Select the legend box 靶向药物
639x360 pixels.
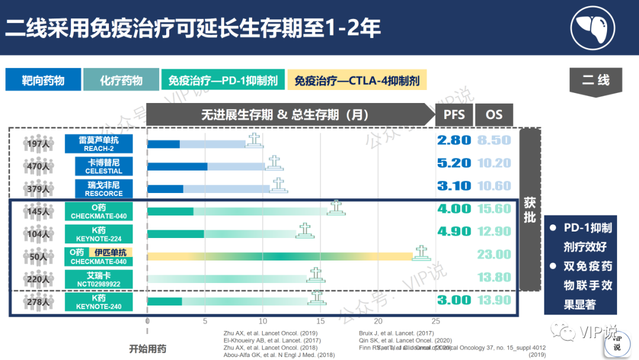(x=43, y=80)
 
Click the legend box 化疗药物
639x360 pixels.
(x=121, y=80)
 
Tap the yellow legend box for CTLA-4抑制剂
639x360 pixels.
(x=357, y=80)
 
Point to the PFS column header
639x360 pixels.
(x=454, y=115)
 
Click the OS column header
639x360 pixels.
(x=493, y=115)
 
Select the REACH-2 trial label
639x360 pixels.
(x=99, y=144)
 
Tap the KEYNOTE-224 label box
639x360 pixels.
(x=99, y=234)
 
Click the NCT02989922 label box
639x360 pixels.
(x=99, y=279)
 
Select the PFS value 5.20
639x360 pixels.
(x=454, y=163)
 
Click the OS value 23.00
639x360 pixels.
(x=493, y=254)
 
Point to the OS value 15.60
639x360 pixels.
(x=493, y=208)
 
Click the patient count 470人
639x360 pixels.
(x=38, y=166)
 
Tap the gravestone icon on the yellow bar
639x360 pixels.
(x=421, y=253)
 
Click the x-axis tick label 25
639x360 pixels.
(x=435, y=322)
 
